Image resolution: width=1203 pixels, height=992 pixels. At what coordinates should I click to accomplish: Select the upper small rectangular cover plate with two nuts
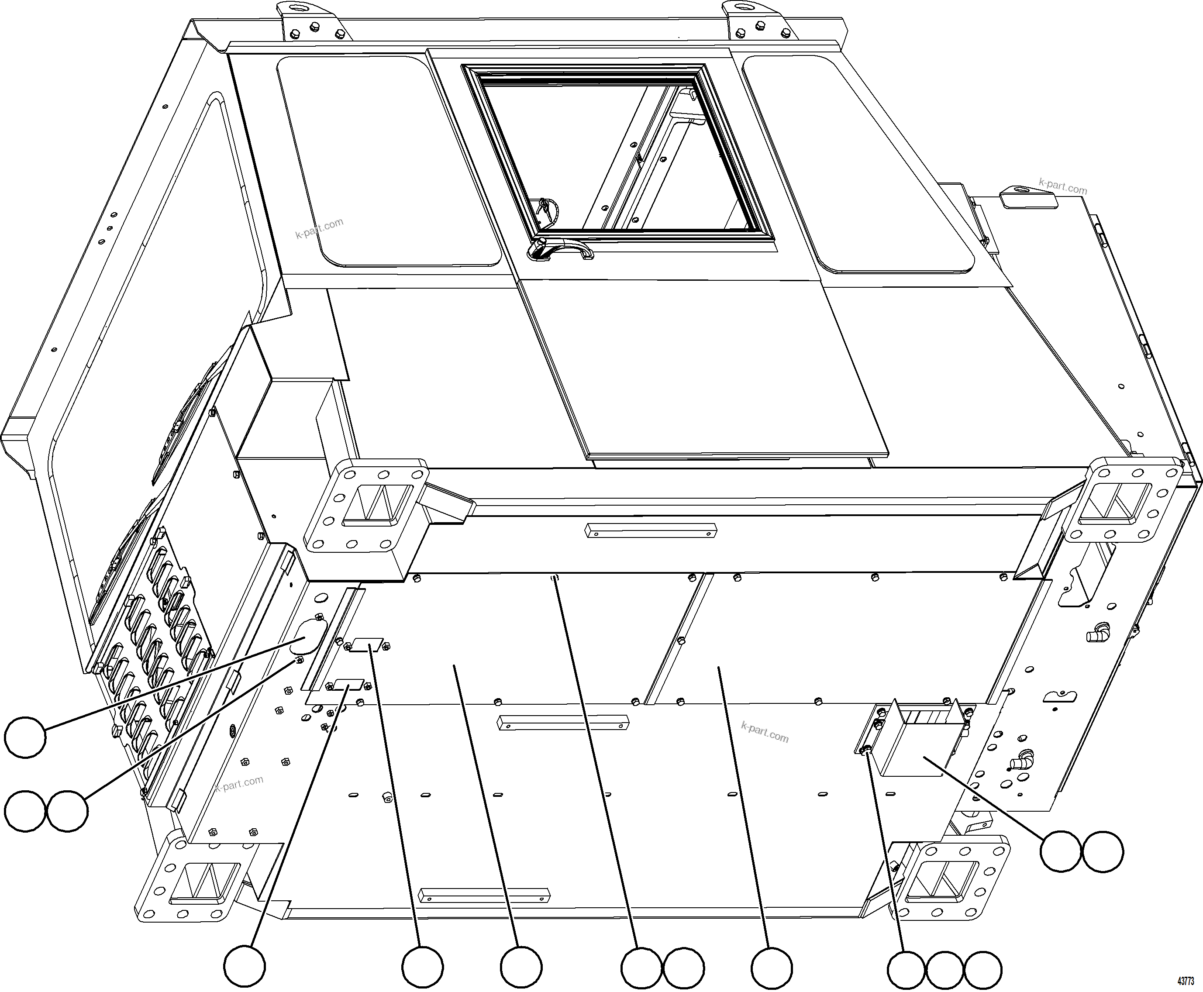pyautogui.click(x=367, y=646)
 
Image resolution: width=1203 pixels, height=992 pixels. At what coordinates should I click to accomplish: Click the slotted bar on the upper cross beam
pyautogui.click(x=650, y=531)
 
